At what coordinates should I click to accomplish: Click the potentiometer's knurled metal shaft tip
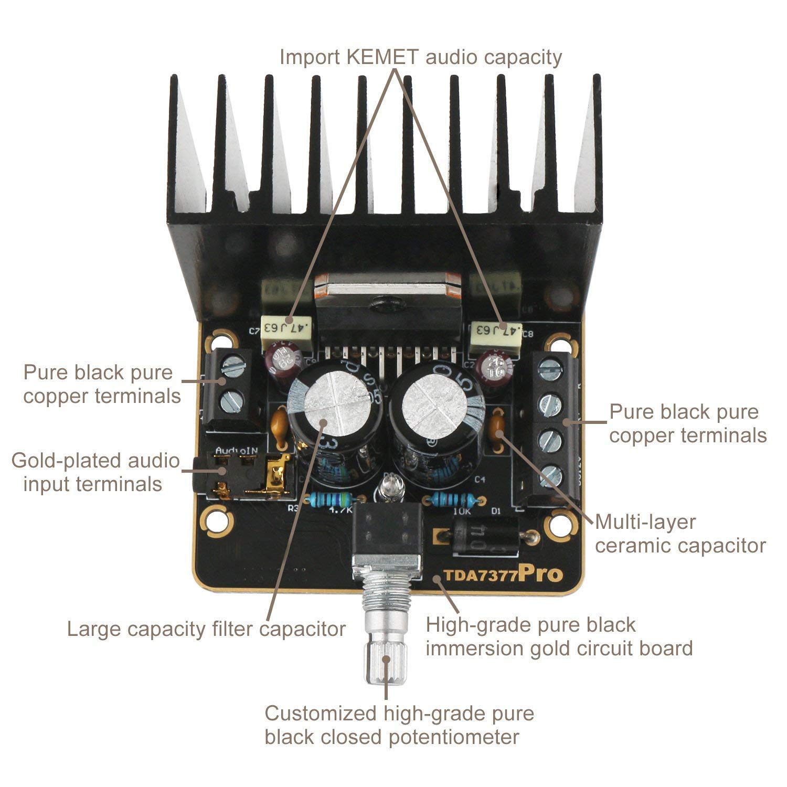click(x=387, y=664)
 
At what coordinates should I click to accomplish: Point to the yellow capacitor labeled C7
click(x=288, y=331)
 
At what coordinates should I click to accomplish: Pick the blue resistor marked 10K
click(x=452, y=499)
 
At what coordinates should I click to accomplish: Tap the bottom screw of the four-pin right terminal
click(x=551, y=476)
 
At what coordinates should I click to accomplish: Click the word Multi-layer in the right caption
click(x=645, y=522)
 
